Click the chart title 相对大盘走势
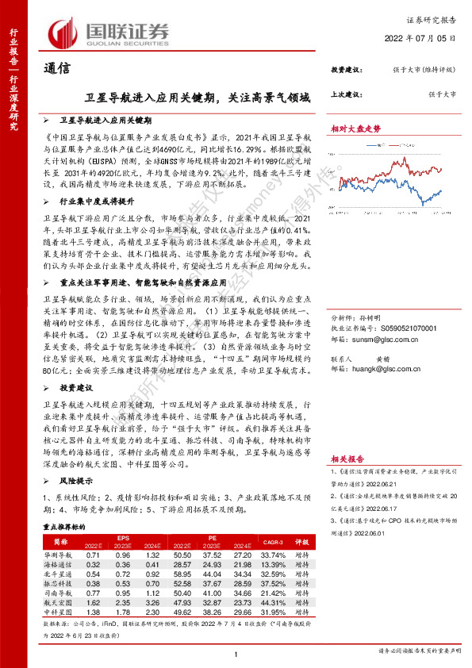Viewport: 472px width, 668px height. tap(355, 129)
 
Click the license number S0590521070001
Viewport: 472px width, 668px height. tap(394, 326)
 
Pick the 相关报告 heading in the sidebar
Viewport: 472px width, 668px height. tap(346, 459)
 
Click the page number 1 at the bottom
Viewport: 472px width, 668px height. tap(236, 653)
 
